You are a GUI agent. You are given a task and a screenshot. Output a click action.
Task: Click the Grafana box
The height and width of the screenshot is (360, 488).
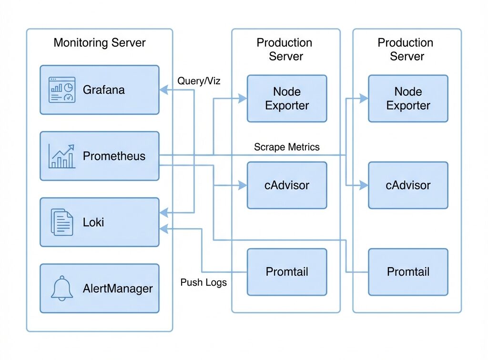click(x=99, y=90)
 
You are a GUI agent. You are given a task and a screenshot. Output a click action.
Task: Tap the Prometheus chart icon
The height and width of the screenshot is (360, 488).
click(x=62, y=156)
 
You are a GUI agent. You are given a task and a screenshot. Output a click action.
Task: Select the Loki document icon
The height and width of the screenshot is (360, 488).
click(x=62, y=222)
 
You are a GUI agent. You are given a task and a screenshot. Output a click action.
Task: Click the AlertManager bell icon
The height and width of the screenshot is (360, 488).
click(x=62, y=288)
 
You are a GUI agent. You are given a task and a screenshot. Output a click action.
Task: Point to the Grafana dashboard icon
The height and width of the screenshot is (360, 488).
click(x=62, y=90)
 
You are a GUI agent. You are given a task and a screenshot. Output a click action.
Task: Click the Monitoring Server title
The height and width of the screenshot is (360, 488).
click(x=99, y=42)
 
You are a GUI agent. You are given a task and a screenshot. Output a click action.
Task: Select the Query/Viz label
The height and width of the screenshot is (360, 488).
click(x=199, y=81)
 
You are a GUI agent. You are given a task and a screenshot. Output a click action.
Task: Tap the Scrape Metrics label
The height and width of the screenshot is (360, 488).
click(x=286, y=147)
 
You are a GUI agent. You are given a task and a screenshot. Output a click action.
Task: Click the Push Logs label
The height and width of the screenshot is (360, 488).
click(x=203, y=282)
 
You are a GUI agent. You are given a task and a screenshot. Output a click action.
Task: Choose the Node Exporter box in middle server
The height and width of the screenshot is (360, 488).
click(x=287, y=99)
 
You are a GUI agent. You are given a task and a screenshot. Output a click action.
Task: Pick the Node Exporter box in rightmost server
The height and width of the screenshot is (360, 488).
click(x=408, y=99)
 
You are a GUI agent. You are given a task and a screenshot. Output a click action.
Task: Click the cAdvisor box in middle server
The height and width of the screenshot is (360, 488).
click(x=287, y=185)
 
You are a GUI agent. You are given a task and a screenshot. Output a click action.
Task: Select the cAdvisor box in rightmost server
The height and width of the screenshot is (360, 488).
click(x=408, y=185)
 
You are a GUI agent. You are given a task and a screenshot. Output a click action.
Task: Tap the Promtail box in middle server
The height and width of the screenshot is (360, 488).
click(x=287, y=272)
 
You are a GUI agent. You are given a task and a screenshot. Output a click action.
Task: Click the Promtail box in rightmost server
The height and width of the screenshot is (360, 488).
click(x=408, y=272)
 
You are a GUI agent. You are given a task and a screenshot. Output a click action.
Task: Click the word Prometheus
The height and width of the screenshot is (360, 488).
click(x=114, y=156)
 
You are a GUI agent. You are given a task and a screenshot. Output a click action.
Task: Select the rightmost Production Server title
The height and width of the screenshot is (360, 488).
click(x=407, y=49)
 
